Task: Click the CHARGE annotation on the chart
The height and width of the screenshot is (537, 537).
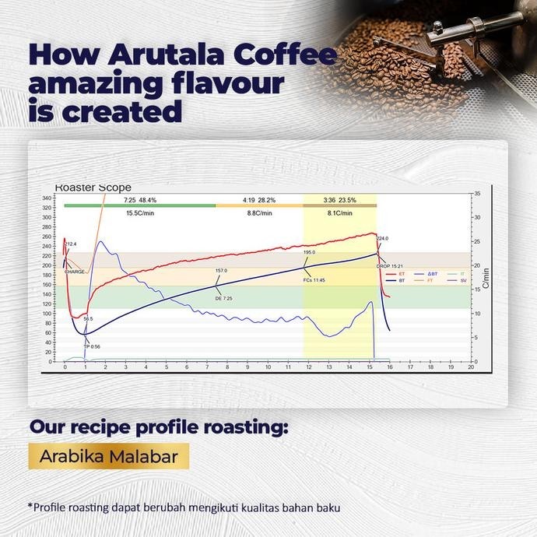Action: click(75, 272)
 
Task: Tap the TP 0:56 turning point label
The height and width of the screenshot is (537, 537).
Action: click(92, 346)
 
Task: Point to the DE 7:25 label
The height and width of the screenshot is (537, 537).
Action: click(223, 298)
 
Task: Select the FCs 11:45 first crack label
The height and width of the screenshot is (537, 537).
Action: click(314, 279)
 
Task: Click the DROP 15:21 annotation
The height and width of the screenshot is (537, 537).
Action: click(388, 266)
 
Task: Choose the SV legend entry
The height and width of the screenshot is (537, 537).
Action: click(460, 280)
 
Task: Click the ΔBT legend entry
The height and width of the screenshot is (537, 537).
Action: click(430, 274)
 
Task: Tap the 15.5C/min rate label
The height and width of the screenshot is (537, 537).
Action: click(139, 212)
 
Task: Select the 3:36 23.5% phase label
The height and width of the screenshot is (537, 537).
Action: click(339, 199)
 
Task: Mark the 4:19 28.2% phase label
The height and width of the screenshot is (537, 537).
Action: click(258, 199)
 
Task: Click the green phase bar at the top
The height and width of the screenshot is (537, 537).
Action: click(140, 205)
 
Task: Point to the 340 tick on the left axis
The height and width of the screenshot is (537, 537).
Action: click(47, 198)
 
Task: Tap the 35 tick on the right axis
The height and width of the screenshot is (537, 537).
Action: click(477, 192)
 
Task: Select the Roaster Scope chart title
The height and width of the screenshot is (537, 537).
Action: click(93, 188)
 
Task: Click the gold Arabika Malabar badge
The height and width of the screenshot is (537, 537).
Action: click(108, 456)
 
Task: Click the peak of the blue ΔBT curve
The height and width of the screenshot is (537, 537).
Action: click(101, 242)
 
